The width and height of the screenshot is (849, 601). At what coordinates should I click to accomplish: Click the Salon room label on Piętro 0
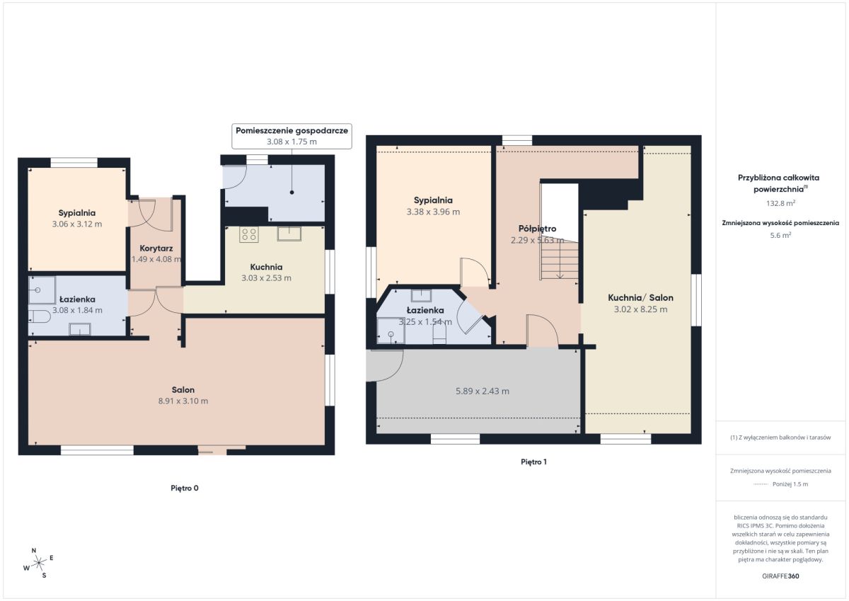(183, 389)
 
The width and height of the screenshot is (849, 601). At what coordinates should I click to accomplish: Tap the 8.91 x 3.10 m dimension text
(183, 401)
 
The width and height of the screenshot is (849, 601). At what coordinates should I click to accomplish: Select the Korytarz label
(156, 248)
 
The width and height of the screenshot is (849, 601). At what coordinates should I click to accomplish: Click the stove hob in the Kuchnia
(249, 234)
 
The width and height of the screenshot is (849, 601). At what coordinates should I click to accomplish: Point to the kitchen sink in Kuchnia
(289, 234)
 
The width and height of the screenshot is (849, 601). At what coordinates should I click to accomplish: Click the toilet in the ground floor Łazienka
(40, 316)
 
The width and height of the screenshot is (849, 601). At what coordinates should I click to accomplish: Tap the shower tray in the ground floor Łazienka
(42, 290)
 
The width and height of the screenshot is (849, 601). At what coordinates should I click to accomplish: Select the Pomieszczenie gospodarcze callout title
(291, 130)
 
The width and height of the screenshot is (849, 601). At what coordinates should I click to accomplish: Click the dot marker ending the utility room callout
(291, 193)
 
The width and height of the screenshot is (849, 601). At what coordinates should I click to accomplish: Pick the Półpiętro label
(538, 229)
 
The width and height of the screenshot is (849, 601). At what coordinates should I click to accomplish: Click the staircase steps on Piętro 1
(560, 261)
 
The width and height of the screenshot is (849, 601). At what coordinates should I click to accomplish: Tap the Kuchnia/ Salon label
(640, 297)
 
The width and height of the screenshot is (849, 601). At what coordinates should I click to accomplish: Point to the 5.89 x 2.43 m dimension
(483, 391)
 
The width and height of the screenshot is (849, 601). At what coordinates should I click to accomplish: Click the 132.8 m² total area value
(780, 203)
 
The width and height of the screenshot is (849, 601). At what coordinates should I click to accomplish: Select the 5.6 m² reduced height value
(780, 235)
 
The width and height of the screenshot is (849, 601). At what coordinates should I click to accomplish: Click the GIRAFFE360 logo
(780, 576)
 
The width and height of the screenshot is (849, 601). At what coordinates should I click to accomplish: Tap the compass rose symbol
(39, 563)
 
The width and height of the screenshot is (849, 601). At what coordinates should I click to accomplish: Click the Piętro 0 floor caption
(185, 488)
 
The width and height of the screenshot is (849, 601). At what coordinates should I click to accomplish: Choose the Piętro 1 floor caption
(533, 462)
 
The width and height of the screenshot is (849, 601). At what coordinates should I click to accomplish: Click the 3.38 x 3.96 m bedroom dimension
(433, 212)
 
